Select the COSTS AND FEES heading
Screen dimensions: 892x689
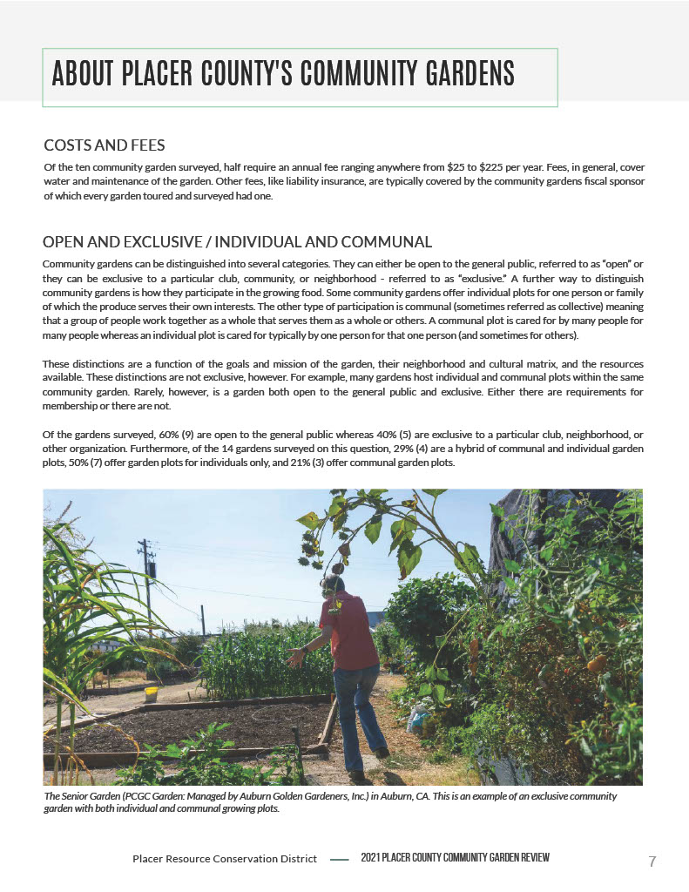tap(104, 145)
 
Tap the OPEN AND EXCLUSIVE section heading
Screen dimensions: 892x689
tap(237, 241)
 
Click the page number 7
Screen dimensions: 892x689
tap(652, 862)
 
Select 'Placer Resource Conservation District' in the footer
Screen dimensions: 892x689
tap(225, 859)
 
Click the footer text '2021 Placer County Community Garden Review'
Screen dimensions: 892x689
tap(455, 859)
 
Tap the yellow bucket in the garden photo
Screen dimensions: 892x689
tap(151, 694)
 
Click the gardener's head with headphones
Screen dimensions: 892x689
tap(333, 585)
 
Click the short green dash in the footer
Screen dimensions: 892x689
tap(340, 859)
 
